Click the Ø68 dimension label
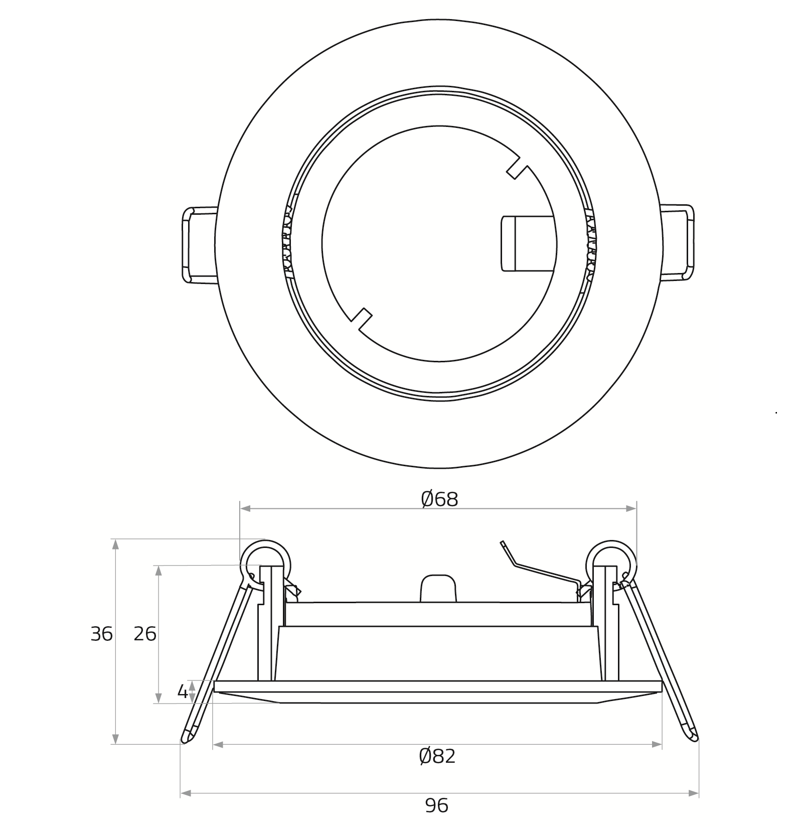439,499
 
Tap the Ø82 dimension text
437,756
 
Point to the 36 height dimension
102,634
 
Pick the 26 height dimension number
145,634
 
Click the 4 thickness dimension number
183,692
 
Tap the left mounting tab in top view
199,245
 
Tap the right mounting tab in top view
677,242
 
